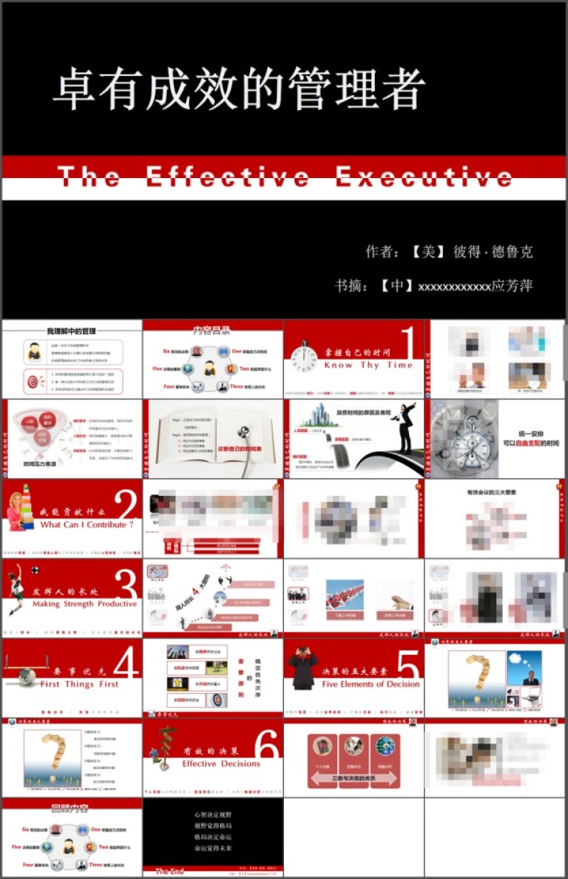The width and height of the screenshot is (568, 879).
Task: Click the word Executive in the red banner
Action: [424, 177]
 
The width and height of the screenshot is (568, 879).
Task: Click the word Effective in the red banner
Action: [227, 177]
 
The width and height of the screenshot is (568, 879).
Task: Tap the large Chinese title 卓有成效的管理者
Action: [239, 90]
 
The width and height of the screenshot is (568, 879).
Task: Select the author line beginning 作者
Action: [449, 251]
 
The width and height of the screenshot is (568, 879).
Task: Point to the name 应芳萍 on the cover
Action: [512, 286]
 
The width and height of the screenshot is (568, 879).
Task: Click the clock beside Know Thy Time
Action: [304, 357]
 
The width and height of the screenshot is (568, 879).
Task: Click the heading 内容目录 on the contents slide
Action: [212, 330]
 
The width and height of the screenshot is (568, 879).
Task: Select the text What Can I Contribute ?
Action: [87, 525]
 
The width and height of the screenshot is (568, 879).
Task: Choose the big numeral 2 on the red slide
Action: [126, 506]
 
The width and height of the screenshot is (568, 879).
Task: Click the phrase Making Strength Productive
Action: [84, 604]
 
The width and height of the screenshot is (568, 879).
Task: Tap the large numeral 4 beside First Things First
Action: [126, 665]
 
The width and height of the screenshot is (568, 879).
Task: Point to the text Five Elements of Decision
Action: [371, 685]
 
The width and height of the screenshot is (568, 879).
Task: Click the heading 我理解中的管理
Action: [71, 331]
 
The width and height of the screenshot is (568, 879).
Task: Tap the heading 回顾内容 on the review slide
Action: [70, 807]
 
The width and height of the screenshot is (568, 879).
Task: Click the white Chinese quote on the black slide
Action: [213, 831]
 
